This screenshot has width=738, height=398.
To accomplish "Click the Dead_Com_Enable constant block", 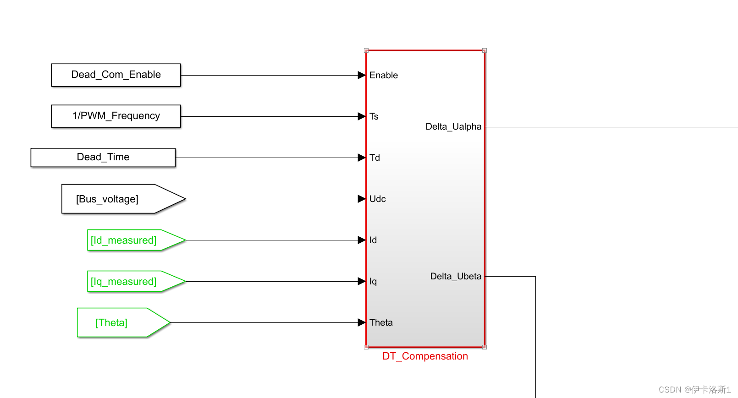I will (116, 75).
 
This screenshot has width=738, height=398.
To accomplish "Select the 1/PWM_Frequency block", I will (116, 116).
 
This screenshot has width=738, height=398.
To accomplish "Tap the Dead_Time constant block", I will (103, 158).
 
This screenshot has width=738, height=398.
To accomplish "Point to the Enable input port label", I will (384, 75).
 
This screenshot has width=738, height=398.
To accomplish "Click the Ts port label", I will (374, 116).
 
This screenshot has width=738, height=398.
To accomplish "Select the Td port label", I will (375, 158).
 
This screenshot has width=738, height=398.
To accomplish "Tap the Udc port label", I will (378, 199).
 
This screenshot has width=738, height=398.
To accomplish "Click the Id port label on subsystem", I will (373, 240).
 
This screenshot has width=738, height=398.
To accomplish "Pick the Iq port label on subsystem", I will (373, 281).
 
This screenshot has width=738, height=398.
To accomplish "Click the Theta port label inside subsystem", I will (381, 322).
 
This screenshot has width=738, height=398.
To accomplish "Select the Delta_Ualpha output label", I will (453, 127).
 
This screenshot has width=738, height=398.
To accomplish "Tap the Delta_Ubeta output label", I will (456, 276).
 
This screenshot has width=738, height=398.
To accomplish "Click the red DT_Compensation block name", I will (425, 356).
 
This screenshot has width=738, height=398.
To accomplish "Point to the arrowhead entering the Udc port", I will (361, 199).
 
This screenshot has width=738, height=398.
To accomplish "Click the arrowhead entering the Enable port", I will (361, 75).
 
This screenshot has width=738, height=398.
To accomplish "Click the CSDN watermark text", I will (694, 389).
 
